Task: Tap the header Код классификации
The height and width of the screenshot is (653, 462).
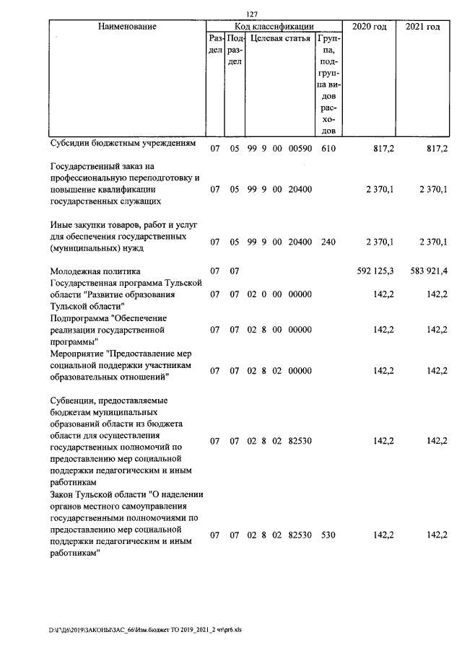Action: point(274,27)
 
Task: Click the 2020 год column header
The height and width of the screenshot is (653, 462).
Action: point(369,27)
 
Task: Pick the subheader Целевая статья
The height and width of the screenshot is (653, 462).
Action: point(280,38)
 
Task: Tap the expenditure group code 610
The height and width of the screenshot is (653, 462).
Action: point(328,149)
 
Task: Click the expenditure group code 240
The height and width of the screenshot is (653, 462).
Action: point(328,242)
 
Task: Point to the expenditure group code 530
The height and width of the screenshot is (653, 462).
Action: point(328,535)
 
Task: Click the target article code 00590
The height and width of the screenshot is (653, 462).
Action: point(299,149)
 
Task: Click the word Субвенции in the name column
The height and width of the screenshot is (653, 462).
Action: point(74,400)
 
